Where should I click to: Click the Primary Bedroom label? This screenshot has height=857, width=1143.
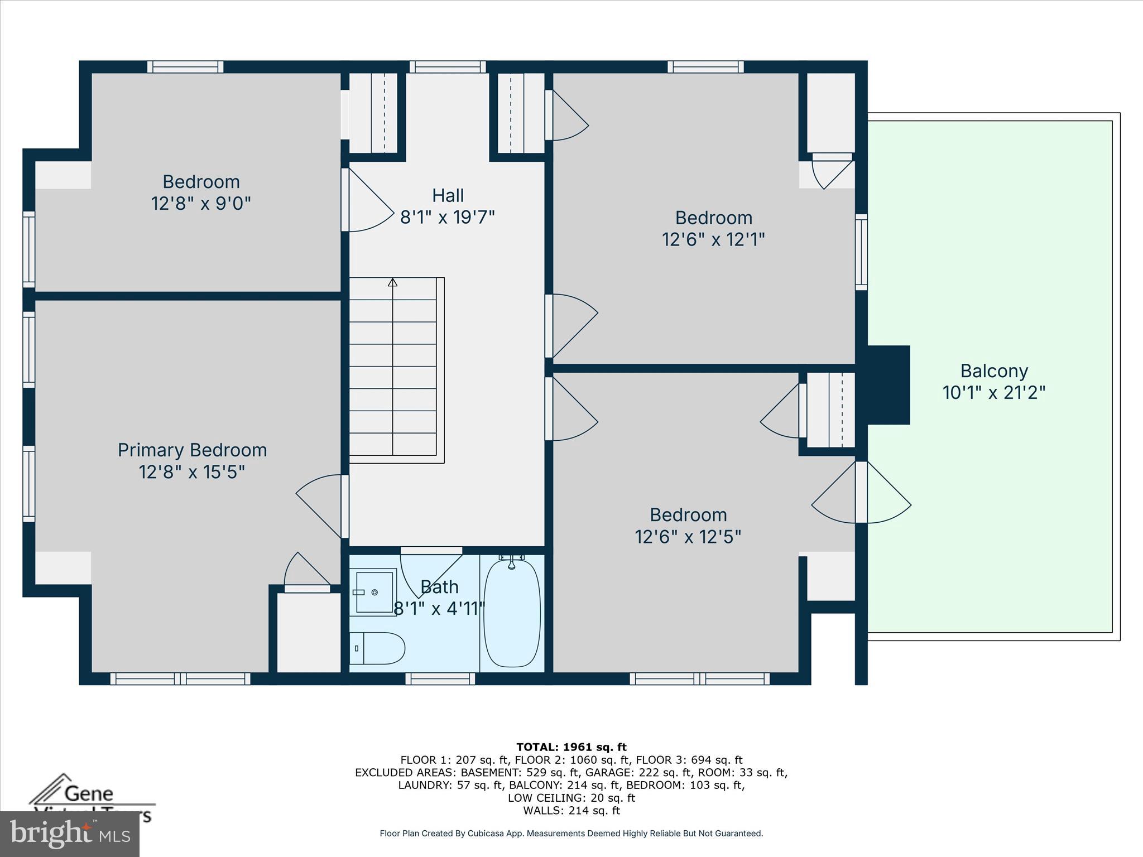(x=192, y=450)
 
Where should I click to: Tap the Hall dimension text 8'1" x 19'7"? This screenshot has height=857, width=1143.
(x=448, y=217)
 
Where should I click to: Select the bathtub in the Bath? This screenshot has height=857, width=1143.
(x=512, y=614)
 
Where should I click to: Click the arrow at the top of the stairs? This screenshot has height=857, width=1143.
(x=392, y=282)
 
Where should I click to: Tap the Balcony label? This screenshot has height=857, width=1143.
(x=994, y=371)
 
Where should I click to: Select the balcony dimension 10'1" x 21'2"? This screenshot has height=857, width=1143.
(x=994, y=393)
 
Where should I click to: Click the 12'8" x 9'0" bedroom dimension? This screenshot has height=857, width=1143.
(x=201, y=204)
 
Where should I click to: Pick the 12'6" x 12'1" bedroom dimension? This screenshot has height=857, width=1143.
(x=713, y=239)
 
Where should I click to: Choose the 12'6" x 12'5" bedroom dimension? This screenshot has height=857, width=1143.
(x=688, y=537)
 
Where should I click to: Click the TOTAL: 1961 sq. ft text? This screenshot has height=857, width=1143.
(x=571, y=747)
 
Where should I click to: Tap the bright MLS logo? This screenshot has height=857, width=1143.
(x=70, y=834)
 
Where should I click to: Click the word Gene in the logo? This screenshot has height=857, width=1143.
(x=89, y=793)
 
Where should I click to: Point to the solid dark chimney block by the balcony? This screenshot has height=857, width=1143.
(x=887, y=385)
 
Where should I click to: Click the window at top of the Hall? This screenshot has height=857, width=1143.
(x=448, y=67)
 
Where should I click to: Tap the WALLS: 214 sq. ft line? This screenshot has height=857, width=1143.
(x=571, y=811)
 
